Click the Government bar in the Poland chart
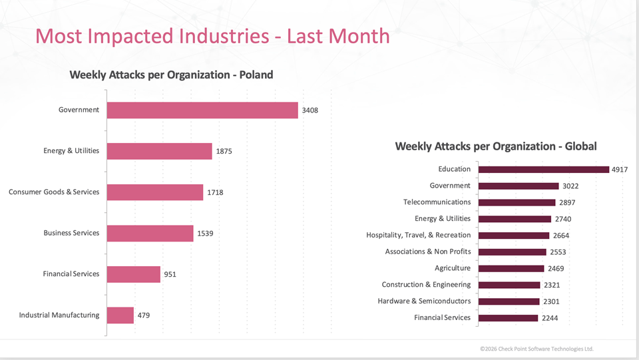coord(202,110)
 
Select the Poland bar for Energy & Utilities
coord(159,151)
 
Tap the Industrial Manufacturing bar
coord(120,315)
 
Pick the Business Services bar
coord(150,234)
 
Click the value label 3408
coord(310,110)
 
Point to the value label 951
coord(170,274)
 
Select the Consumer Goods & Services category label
coord(54,192)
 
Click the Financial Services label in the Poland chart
coord(71,274)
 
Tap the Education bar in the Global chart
coord(544,170)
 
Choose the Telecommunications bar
coord(517,202)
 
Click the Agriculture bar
coord(511,268)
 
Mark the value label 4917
coord(620,170)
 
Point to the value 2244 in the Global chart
coord(550,318)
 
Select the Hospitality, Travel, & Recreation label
coord(418,235)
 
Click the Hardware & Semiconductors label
coord(424,301)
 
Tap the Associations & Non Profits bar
coord(513,252)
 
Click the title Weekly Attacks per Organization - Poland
coord(171,75)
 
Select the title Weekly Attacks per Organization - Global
coord(495,146)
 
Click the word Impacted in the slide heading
coord(136,36)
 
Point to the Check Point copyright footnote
coord(536,349)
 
